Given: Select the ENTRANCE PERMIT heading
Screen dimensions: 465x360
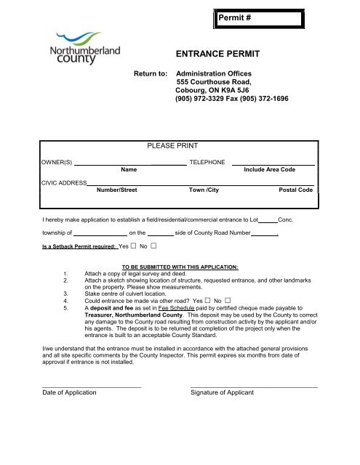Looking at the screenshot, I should [x=219, y=54].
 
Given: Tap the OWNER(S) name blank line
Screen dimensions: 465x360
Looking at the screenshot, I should [x=130, y=163].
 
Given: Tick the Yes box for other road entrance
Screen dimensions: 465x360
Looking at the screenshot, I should [x=207, y=299].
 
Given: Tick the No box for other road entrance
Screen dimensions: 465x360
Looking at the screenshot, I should [x=228, y=299].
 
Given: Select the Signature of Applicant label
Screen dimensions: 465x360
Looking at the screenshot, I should [x=222, y=392].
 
